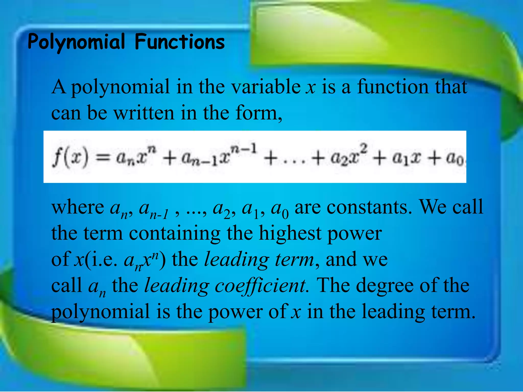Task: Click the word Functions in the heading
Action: pyautogui.click(x=180, y=42)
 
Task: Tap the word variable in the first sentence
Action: pyautogui.click(x=266, y=87)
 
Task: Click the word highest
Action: pyautogui.click(x=290, y=234)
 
